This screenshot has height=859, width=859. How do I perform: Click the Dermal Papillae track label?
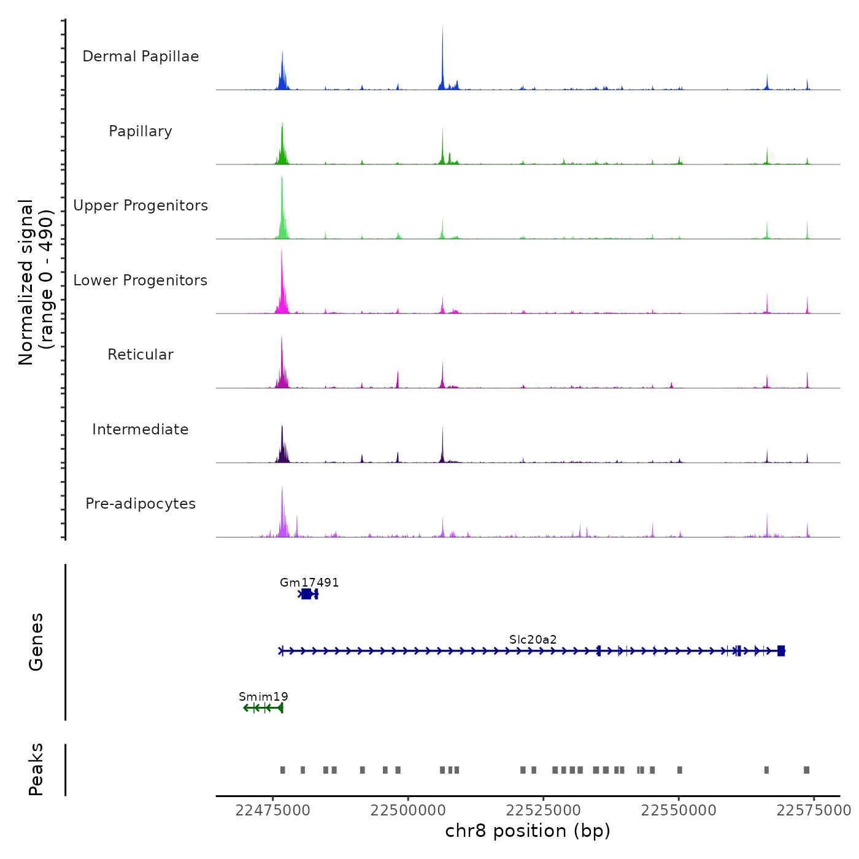point(141,56)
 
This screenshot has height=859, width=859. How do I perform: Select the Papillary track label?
point(141,131)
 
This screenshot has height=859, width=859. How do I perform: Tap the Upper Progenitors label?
point(141,206)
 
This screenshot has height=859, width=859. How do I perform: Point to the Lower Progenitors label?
point(141,280)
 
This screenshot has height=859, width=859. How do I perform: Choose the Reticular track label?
point(141,355)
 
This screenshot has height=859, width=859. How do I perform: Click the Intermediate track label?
point(141,429)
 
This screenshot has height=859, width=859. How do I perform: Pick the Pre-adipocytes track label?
point(141,504)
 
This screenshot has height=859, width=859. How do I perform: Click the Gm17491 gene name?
point(309,582)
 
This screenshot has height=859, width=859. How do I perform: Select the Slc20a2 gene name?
point(533,639)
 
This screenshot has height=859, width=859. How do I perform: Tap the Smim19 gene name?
point(263,696)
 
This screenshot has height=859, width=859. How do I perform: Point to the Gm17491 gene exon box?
point(306,594)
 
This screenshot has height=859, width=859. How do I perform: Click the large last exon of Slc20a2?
point(781,651)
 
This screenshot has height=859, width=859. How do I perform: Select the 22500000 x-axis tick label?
point(408,811)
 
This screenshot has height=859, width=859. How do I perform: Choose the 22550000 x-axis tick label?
point(679,811)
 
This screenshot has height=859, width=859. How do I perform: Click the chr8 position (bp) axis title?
point(528,831)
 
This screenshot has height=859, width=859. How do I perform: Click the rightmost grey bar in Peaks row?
point(806,770)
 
